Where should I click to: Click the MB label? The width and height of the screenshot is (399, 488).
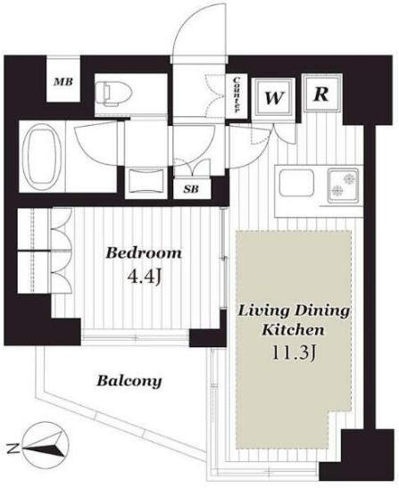(63, 82)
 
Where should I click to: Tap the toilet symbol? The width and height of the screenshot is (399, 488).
(113, 93)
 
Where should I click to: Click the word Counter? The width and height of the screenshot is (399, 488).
(237, 95)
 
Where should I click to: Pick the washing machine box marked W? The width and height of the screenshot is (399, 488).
(273, 98)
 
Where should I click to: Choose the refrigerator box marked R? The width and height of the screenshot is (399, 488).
(321, 93)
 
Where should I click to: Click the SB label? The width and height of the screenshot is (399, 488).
(191, 188)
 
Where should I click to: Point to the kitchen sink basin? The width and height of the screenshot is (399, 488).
(296, 183)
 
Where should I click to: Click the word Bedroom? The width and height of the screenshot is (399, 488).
(144, 252)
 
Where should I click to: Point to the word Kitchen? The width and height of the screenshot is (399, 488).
(293, 330)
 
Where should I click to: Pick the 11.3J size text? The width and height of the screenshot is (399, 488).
(294, 353)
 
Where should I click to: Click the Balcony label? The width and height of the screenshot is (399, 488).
(129, 381)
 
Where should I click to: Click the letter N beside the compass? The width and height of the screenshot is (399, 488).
(12, 448)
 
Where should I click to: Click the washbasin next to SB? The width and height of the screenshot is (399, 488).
(146, 181)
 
